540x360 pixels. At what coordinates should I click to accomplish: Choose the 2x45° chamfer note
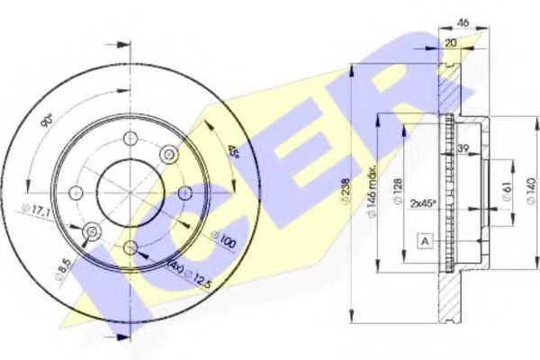pyautogui.click(x=422, y=203)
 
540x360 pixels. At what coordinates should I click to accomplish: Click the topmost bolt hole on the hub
pyautogui.click(x=130, y=139)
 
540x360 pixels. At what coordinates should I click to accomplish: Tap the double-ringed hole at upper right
pyautogui.click(x=166, y=156)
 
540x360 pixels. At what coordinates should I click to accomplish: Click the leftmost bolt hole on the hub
pyautogui.click(x=76, y=192)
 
